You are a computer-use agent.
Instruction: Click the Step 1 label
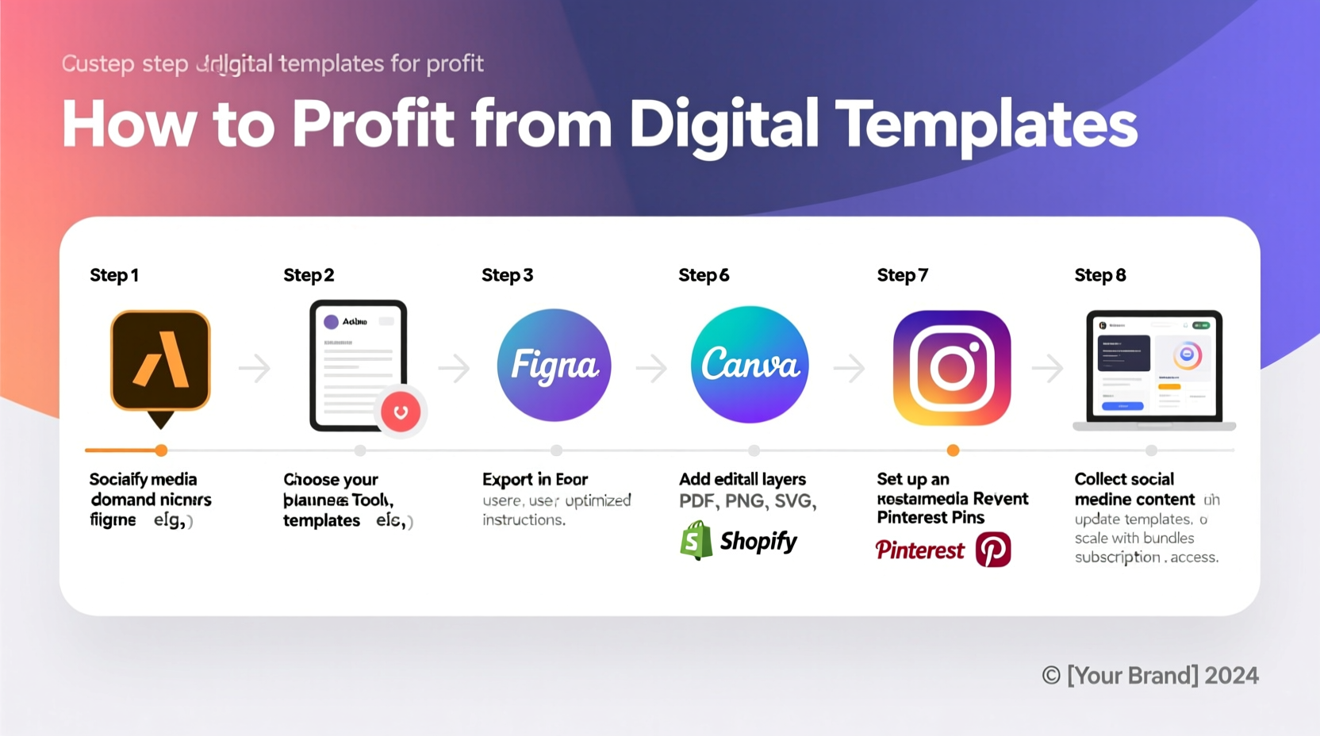click(114, 275)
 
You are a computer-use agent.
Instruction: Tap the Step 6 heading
click(704, 275)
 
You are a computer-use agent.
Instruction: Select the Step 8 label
click(1100, 275)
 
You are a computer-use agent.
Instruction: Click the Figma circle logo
click(554, 365)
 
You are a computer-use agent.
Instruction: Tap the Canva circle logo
click(750, 365)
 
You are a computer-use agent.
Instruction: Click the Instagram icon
click(952, 368)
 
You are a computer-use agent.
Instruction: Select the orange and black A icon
click(160, 362)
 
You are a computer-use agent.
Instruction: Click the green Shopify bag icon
click(696, 541)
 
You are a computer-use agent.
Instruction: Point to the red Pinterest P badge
click(993, 550)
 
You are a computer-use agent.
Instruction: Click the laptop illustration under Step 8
click(1154, 369)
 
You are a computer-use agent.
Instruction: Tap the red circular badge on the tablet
click(401, 412)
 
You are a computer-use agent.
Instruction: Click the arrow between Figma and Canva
click(651, 368)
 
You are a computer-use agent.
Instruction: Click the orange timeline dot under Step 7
click(953, 450)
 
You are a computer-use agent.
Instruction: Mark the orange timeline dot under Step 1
click(161, 450)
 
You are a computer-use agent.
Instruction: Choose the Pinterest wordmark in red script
click(919, 550)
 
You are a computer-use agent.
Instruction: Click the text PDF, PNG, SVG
click(747, 501)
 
